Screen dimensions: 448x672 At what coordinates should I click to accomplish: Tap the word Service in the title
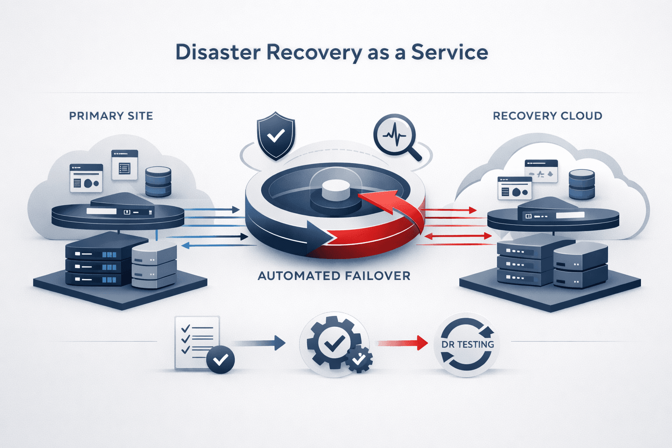449,52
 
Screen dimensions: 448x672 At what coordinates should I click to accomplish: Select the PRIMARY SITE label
111,116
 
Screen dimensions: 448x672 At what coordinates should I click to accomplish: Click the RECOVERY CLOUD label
547,116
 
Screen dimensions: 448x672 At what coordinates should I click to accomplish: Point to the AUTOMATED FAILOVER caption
334,276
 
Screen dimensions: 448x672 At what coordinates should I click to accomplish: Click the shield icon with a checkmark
276,135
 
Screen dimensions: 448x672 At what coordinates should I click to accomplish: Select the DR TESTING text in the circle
467,345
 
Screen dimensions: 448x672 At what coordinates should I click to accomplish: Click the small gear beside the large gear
359,360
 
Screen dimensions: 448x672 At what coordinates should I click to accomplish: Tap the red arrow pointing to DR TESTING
402,343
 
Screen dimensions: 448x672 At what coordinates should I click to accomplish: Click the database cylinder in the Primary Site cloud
158,181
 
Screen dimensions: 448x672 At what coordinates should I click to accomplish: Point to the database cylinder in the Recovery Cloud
581,185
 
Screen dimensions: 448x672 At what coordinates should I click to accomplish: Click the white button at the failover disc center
336,189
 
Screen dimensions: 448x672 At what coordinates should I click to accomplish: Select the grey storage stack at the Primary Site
154,266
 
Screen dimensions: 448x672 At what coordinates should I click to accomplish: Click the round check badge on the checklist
220,360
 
